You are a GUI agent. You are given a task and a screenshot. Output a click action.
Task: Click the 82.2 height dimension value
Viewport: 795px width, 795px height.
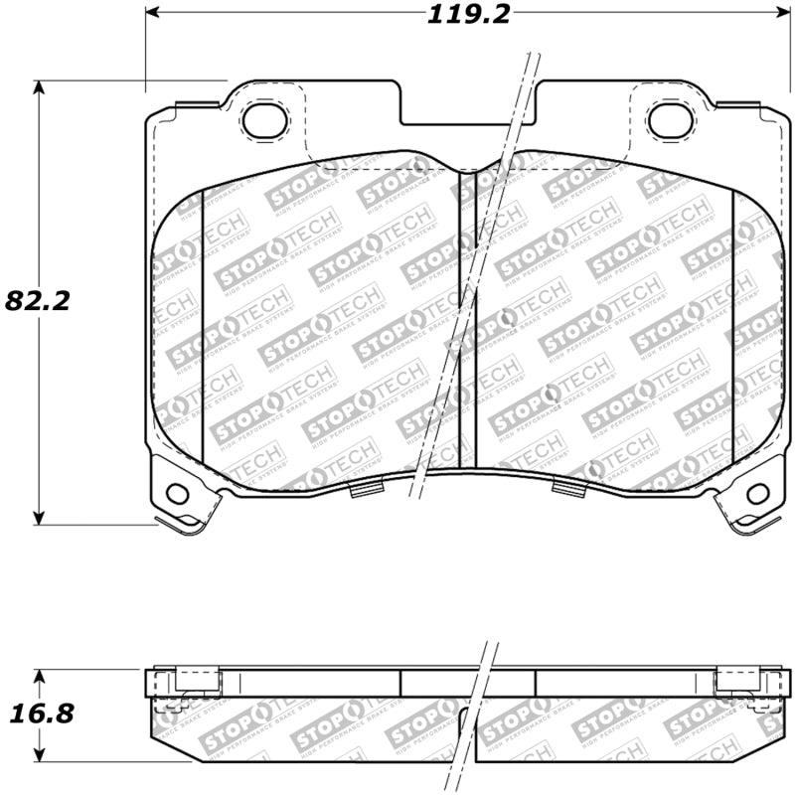point(37,300)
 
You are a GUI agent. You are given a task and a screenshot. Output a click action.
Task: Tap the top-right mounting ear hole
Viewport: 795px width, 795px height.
point(668,119)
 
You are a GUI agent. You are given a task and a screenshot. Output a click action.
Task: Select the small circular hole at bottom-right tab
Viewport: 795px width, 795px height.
point(756,492)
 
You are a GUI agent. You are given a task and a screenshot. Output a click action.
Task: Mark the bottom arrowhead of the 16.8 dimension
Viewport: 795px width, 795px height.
point(39,755)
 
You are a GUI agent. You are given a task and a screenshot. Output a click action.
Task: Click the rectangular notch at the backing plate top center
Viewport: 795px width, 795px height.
point(468,109)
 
